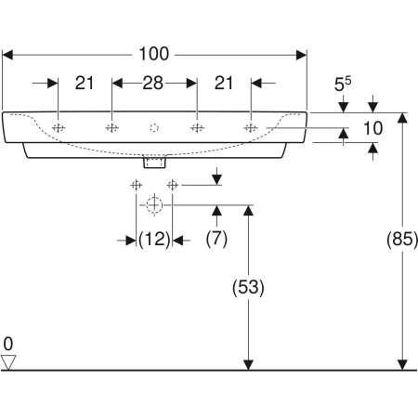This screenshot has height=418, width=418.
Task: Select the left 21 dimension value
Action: (85, 84)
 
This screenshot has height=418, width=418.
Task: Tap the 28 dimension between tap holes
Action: (154, 84)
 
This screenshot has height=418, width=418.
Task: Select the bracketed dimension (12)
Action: (154, 240)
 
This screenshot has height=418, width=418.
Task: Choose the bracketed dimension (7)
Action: (216, 240)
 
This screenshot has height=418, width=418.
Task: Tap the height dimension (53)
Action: (247, 288)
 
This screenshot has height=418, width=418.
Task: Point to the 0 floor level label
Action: (8, 344)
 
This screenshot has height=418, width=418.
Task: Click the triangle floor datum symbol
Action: (9, 361)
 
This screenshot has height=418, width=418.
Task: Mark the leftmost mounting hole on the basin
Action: (59, 127)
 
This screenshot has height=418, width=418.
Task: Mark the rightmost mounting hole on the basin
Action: (250, 127)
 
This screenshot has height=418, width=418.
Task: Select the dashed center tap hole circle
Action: (155, 127)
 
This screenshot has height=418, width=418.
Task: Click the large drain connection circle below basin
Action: (155, 204)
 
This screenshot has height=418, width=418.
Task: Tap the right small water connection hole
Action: (172, 185)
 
